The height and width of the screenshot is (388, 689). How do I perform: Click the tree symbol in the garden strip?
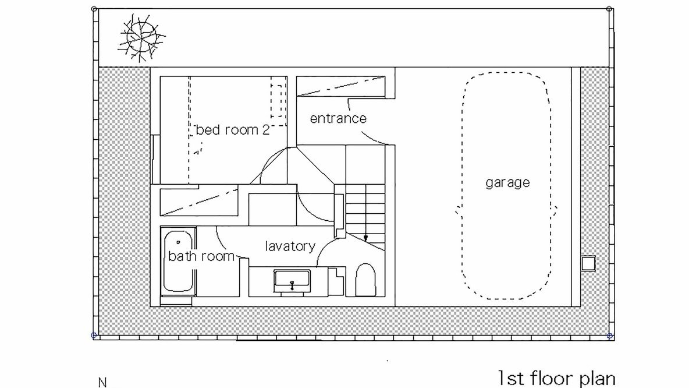pos(141,37)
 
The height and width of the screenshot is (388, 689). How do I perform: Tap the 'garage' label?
pos(507,182)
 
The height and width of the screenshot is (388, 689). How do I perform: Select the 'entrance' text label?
pos(338,118)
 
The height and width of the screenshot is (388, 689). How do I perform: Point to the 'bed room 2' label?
pos(232,130)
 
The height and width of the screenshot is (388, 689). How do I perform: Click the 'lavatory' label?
pos(290,246)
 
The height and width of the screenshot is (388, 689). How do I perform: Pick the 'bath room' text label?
pos(201,256)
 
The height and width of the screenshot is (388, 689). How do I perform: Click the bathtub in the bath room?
pos(179,262)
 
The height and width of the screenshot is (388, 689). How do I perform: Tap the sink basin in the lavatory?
pos(292,281)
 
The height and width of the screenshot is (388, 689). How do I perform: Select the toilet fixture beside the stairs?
pos(365,279)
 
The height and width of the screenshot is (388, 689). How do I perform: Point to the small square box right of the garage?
pos(588,263)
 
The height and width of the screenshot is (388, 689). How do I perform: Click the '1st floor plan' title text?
pos(556,379)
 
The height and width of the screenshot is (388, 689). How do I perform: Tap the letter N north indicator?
pos(102,382)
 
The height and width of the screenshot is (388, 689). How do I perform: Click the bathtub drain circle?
pos(179,242)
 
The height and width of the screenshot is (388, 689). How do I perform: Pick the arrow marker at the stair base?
pos(365,238)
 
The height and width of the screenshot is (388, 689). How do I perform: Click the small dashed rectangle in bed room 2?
pos(278,97)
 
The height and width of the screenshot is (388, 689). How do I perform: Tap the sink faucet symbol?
pos(292,285)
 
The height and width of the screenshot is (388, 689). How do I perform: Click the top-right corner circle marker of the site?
pos(609,9)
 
